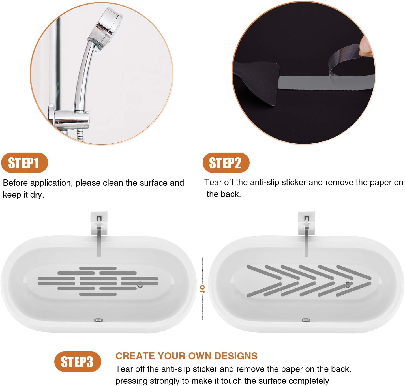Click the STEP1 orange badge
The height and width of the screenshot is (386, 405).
click(24, 163)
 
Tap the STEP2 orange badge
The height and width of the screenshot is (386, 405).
click(226, 163)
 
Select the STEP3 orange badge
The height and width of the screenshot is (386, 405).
click(78, 362)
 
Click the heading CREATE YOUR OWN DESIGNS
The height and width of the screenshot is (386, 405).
click(187, 356)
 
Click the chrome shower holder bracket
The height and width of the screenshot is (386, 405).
click(71, 119)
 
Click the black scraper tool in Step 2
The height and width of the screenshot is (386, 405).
click(258, 79)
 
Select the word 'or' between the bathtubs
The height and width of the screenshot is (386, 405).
click(202, 289)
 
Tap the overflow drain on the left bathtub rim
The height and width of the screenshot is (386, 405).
click(98, 320)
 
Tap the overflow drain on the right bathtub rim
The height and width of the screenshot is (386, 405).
click(306, 320)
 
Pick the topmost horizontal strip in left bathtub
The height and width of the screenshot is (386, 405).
click(98, 268)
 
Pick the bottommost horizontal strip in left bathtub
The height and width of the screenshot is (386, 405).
click(98, 294)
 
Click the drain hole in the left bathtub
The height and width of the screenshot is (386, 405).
click(140, 286)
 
